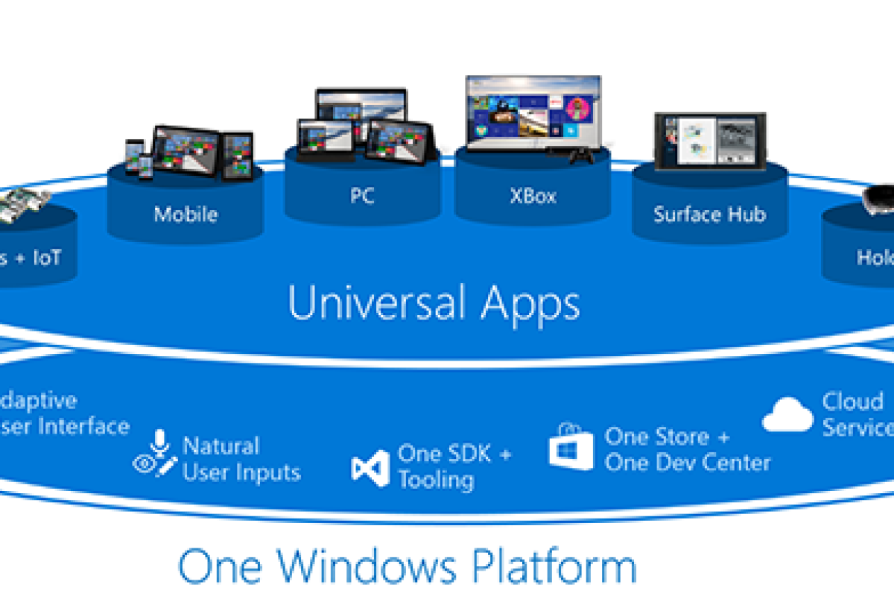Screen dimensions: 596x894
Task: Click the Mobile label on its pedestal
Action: click(x=186, y=215)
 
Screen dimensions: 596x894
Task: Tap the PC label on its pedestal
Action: click(x=361, y=196)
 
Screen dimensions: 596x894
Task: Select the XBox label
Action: click(x=533, y=196)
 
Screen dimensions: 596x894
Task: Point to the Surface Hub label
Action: click(x=709, y=215)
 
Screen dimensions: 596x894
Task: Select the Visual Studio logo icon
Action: click(x=370, y=468)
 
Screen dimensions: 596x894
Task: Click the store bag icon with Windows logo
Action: click(x=571, y=448)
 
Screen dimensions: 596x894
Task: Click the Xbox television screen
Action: click(x=533, y=112)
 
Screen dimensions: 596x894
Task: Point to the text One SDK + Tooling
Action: click(x=454, y=466)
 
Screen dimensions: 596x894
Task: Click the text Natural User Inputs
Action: click(x=241, y=459)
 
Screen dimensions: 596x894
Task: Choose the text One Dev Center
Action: click(x=687, y=462)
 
